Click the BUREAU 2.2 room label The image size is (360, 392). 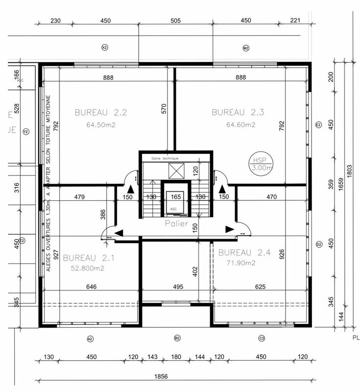[101, 112]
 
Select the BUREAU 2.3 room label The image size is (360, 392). [238, 112]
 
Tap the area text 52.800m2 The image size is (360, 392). [86, 268]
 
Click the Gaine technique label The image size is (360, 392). [165, 158]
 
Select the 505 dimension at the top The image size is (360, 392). [175, 21]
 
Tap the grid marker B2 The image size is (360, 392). [177, 339]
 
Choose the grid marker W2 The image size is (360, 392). [246, 48]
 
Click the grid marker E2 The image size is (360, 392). [318, 125]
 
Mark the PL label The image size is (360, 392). [356, 338]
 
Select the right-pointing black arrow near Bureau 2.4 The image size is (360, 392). [229, 228]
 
